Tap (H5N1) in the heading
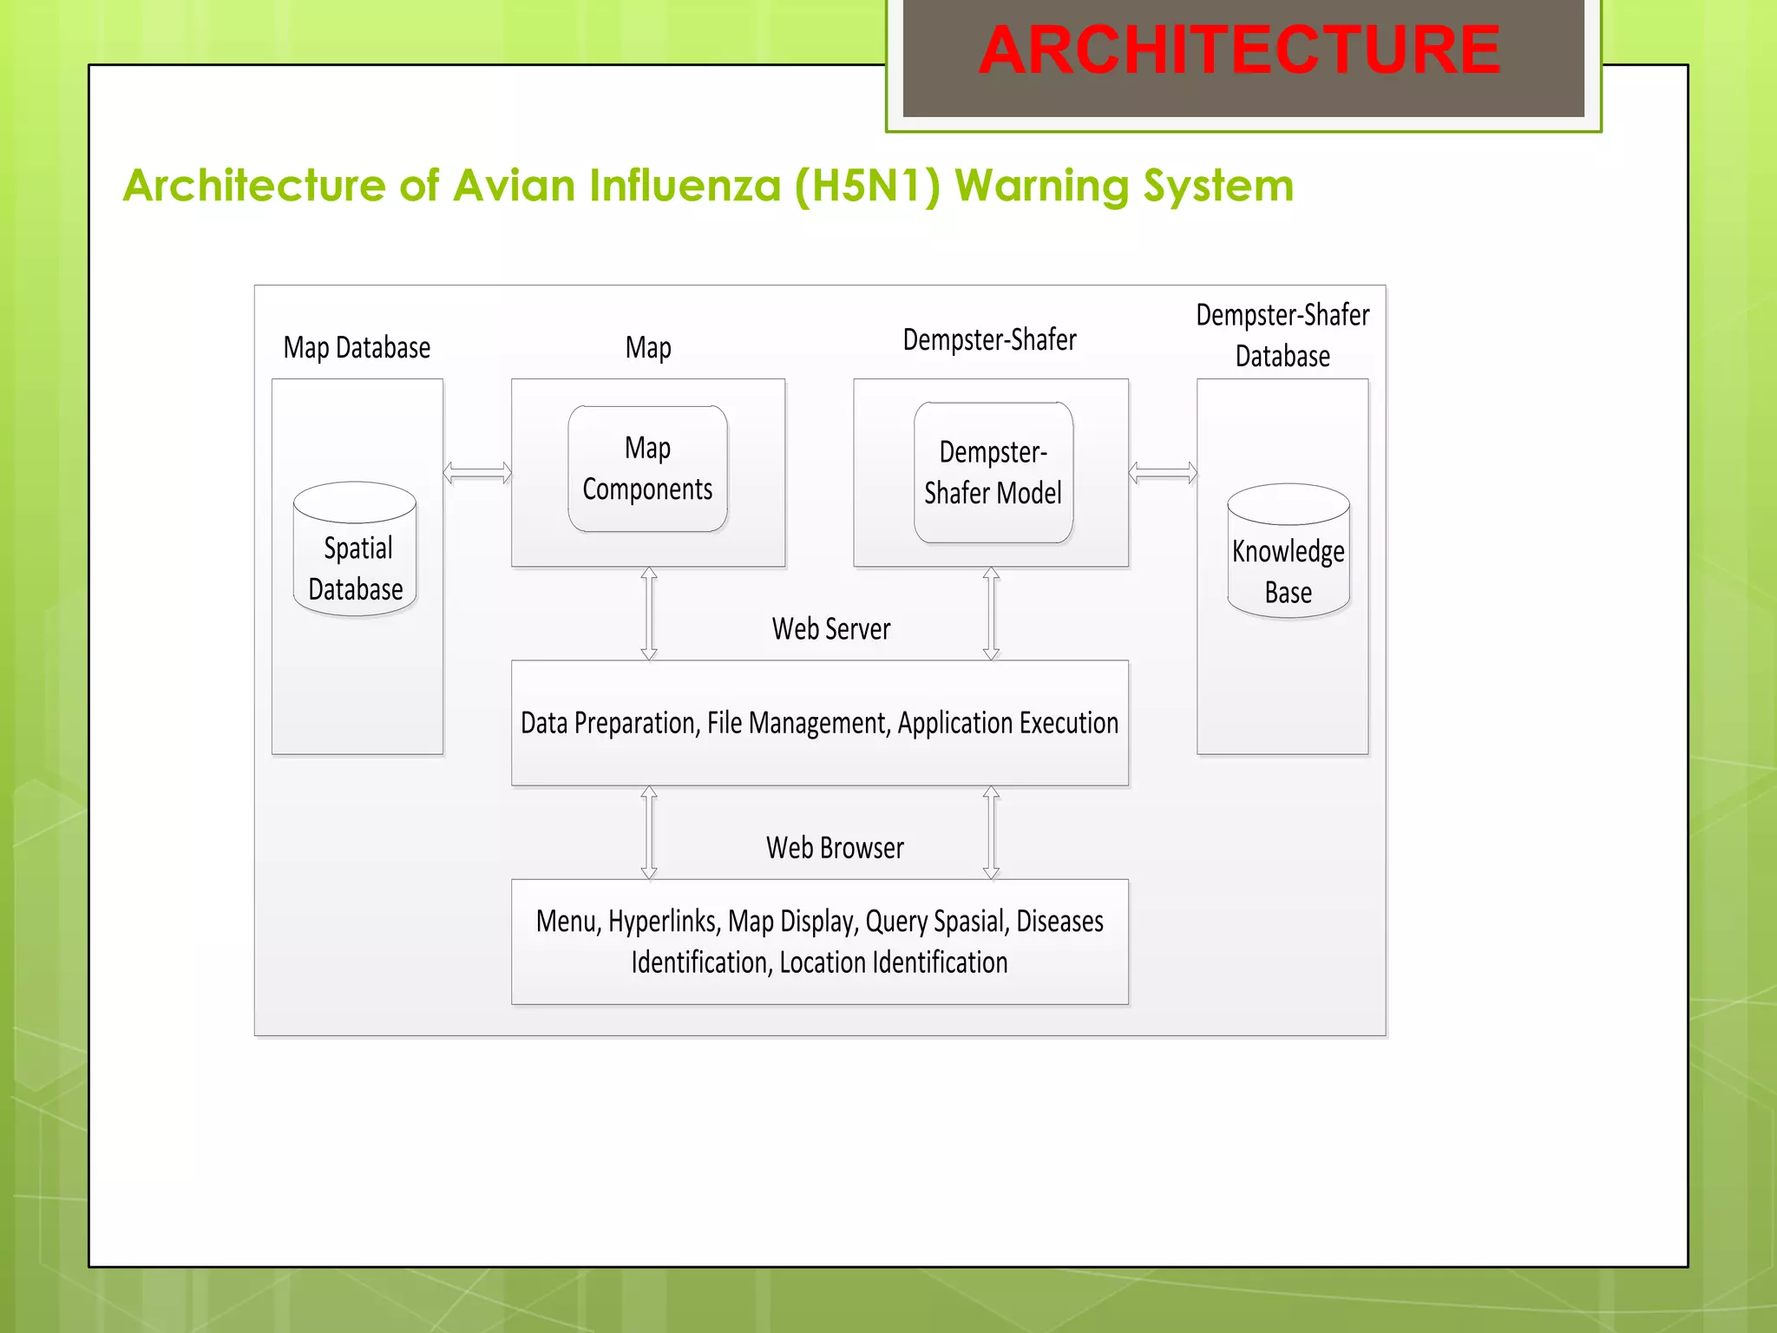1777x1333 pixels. [x=867, y=186]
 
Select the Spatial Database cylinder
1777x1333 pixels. [x=355, y=549]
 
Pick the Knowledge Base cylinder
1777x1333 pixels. [x=1288, y=552]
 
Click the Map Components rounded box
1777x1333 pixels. [x=647, y=469]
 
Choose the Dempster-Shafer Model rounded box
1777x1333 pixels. [x=993, y=473]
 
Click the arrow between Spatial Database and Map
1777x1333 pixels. [x=477, y=473]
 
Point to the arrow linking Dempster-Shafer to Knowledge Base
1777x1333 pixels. [x=1163, y=473]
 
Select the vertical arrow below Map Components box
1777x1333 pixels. [x=649, y=614]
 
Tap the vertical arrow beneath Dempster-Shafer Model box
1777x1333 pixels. [x=991, y=614]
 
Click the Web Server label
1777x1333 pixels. [x=831, y=629]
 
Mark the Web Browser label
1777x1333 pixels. [x=835, y=848]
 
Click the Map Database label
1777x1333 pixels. [x=357, y=348]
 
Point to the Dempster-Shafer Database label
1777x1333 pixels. [x=1282, y=336]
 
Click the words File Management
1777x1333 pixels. [x=798, y=723]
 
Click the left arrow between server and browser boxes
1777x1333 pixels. [x=649, y=832]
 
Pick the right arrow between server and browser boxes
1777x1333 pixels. [x=991, y=832]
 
